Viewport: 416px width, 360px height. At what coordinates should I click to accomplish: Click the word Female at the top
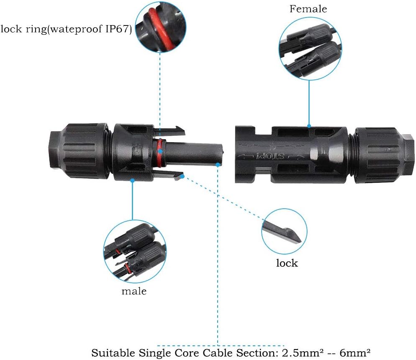(x=308, y=9)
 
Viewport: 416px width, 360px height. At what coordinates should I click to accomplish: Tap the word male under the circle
(x=134, y=291)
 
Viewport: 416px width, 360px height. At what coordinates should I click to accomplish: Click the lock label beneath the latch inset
(x=287, y=263)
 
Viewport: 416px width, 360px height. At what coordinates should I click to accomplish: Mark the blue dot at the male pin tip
(x=218, y=165)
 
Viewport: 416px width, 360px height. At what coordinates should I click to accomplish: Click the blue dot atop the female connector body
(x=309, y=125)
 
